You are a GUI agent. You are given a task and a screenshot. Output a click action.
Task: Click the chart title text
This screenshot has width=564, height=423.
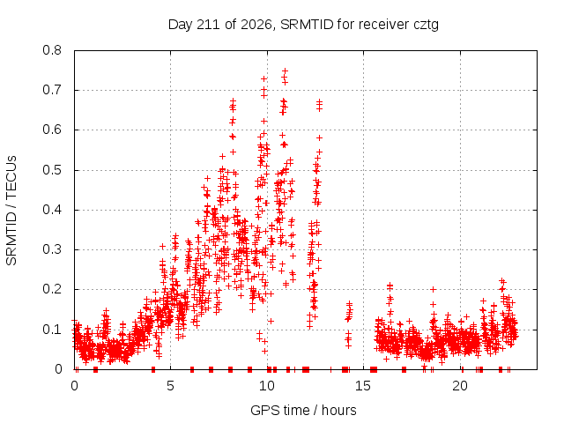[x=303, y=25]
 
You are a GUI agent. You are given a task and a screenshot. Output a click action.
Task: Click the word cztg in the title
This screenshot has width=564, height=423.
[x=427, y=26]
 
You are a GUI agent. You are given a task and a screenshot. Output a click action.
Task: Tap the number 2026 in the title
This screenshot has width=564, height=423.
[x=256, y=25]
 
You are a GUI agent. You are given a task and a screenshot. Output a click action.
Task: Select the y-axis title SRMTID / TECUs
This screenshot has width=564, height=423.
[x=11, y=211]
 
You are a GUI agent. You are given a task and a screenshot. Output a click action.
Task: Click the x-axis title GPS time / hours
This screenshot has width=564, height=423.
[x=303, y=410]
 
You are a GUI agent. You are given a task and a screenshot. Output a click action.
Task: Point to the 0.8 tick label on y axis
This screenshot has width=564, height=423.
[x=52, y=50]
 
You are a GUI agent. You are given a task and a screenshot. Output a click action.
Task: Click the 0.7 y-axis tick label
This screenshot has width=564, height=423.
[x=52, y=90]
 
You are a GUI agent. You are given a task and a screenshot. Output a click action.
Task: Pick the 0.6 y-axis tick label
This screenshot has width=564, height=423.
[x=52, y=130]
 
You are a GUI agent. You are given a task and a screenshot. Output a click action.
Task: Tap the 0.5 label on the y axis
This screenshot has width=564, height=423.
[x=52, y=170]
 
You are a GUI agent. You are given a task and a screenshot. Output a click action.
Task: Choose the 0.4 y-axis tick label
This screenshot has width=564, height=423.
[x=52, y=210]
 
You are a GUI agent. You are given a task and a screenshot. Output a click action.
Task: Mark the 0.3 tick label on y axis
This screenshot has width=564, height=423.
[x=52, y=249]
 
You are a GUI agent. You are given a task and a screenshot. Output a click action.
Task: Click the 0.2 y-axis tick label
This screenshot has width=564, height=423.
[x=52, y=289]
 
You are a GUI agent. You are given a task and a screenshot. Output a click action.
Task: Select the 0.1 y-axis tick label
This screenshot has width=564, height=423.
[x=52, y=329]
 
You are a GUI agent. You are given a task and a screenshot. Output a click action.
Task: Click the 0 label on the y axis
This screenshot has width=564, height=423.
[x=58, y=369]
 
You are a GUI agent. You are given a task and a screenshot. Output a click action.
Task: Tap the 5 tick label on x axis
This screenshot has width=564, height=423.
[x=170, y=386]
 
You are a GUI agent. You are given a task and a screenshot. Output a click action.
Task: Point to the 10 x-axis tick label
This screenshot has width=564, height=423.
[x=267, y=386]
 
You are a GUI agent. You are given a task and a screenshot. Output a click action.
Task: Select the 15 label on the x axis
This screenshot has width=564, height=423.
[x=363, y=386]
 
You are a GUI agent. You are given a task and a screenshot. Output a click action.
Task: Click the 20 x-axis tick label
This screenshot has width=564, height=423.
[x=460, y=386]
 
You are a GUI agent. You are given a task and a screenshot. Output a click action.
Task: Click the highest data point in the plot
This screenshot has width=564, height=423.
[x=286, y=70]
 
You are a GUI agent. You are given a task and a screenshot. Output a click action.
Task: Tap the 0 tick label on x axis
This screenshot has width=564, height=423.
[x=74, y=386]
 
